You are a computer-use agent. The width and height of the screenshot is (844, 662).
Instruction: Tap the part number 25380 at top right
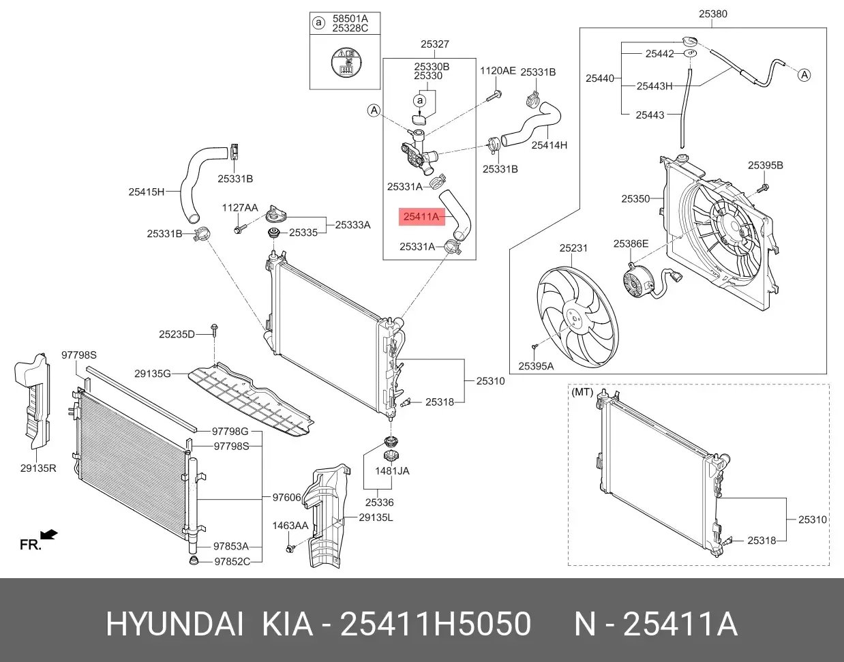pyautogui.click(x=712, y=13)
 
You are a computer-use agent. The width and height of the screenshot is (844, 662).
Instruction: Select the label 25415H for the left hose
pyautogui.click(x=147, y=192)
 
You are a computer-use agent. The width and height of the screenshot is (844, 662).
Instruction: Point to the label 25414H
pyautogui.click(x=549, y=145)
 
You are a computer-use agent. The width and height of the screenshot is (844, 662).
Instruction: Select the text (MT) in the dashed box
pyautogui.click(x=582, y=392)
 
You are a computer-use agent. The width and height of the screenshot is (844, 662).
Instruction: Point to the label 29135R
pyautogui.click(x=37, y=469)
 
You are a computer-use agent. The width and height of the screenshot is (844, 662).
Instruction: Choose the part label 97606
pyautogui.click(x=286, y=498)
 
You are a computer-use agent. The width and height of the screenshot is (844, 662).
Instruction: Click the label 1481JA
pyautogui.click(x=392, y=470)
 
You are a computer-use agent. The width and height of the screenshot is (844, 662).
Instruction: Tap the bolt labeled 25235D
pyautogui.click(x=214, y=330)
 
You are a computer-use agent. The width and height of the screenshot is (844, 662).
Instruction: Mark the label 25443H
pyautogui.click(x=654, y=86)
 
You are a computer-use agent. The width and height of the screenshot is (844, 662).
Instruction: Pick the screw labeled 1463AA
pyautogui.click(x=291, y=548)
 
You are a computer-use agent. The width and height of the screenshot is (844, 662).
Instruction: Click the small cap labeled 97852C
pyautogui.click(x=193, y=561)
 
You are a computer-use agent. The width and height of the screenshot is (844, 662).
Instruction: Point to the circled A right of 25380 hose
pyautogui.click(x=804, y=75)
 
